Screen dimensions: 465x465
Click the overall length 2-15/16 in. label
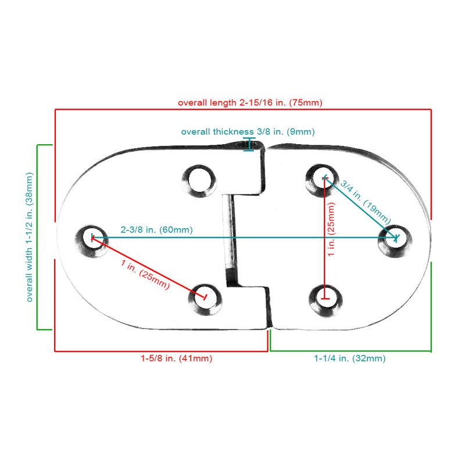250,103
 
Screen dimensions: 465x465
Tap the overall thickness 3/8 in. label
248,132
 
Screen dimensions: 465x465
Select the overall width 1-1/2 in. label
30,237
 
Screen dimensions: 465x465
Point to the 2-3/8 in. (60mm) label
156,230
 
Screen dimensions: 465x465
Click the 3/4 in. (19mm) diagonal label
366,202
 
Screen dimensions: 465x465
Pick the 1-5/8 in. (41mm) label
177,358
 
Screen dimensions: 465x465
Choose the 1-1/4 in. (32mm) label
350,358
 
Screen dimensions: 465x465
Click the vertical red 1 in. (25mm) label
331,229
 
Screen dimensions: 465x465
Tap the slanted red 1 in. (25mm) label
145,274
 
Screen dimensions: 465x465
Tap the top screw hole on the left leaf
199,180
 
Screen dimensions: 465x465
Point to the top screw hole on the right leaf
323,179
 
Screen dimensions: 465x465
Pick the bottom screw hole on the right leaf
325,299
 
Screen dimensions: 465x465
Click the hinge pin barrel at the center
230,240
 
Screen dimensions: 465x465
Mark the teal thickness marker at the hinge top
249,144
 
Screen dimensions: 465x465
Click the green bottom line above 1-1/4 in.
351,352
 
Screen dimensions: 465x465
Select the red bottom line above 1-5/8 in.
162,352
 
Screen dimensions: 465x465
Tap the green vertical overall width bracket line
37,237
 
